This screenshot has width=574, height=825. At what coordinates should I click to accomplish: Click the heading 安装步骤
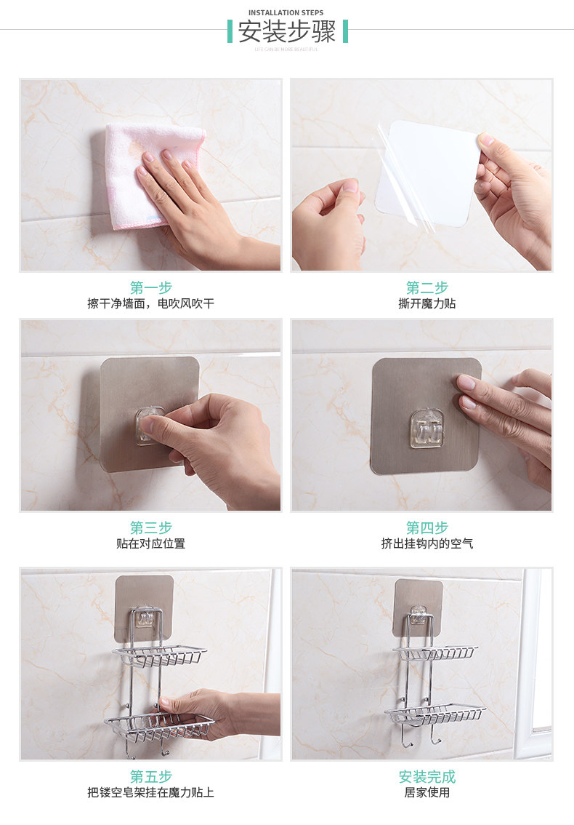[287, 32]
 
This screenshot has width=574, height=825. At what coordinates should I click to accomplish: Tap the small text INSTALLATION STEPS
[286, 12]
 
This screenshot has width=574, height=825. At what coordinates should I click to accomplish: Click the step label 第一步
[151, 287]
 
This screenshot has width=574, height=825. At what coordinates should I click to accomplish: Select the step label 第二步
[427, 287]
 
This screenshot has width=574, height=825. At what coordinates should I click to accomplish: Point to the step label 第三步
[151, 527]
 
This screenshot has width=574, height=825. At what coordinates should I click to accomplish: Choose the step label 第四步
[427, 527]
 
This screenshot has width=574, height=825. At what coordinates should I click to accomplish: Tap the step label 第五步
[151, 776]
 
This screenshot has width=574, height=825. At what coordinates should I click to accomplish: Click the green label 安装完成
[427, 776]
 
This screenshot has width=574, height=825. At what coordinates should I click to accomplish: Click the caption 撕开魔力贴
[427, 303]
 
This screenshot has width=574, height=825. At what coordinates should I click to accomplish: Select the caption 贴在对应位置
[151, 543]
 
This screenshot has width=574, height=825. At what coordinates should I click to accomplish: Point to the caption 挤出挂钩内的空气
[427, 543]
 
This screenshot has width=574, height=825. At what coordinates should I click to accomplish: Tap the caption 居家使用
[427, 792]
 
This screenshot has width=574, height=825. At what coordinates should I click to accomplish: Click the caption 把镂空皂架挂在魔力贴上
[151, 792]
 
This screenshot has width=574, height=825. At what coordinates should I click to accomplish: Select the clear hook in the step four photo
[426, 428]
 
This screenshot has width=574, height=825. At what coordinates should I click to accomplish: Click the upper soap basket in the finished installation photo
[434, 653]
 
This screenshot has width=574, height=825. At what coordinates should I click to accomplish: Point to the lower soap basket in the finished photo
[434, 714]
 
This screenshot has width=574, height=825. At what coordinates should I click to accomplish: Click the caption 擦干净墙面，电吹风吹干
[151, 303]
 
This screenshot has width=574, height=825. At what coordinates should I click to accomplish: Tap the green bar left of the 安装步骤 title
[230, 31]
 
